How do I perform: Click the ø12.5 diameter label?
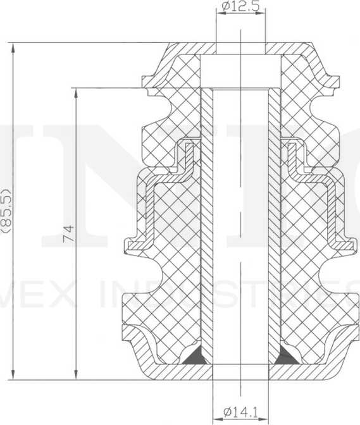coord(240,7)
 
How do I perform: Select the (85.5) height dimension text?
coord(7,211)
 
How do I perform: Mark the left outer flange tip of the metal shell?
coord(127,243)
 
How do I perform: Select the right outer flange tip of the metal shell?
coord(353,243)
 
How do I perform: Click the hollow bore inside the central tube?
coord(240,228)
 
